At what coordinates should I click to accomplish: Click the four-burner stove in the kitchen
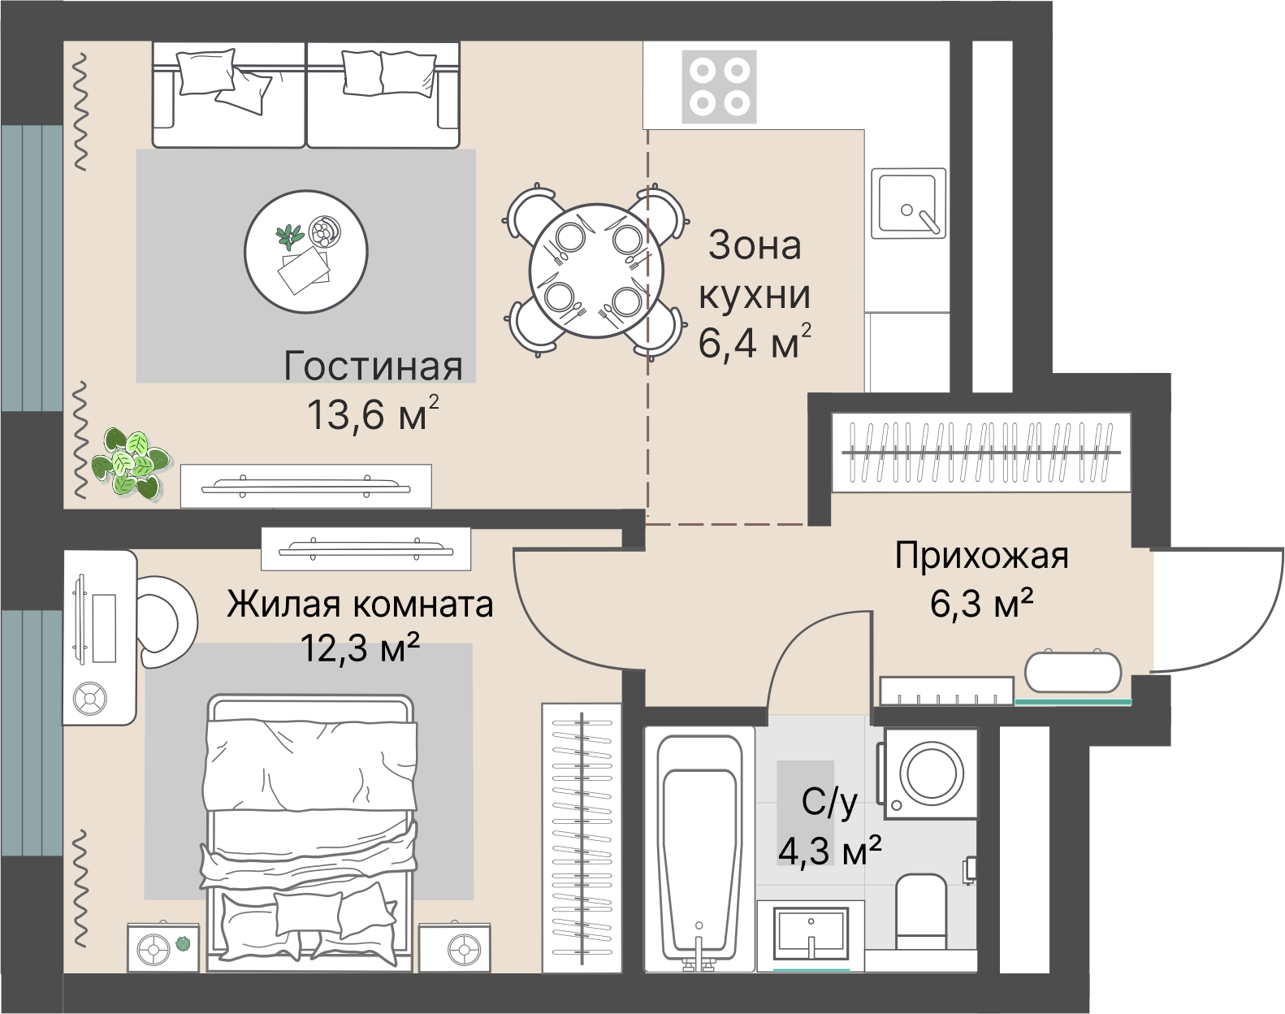[719, 86]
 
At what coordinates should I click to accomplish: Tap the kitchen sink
[908, 203]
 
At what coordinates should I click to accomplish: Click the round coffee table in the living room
[306, 251]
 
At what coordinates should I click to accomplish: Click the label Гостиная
[373, 366]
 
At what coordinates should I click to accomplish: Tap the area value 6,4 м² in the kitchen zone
[754, 343]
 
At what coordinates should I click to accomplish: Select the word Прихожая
[981, 557]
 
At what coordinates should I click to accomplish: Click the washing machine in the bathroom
[931, 773]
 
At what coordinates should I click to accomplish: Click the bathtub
[699, 849]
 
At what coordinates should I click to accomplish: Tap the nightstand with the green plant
[162, 947]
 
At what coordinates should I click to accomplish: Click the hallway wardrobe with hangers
[980, 452]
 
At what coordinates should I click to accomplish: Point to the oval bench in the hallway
[1073, 672]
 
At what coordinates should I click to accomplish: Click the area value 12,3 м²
[360, 648]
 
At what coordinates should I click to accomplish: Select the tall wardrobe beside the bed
[582, 837]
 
